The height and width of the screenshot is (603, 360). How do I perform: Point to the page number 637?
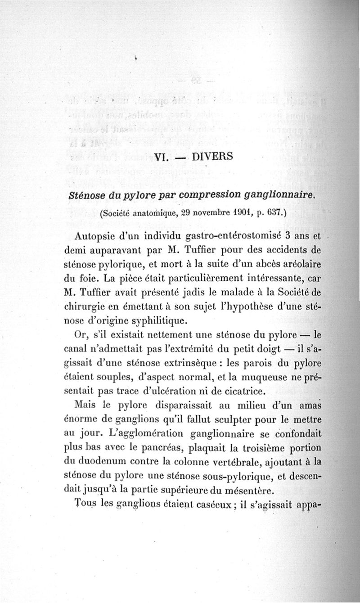pyautogui.click(x=272, y=213)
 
